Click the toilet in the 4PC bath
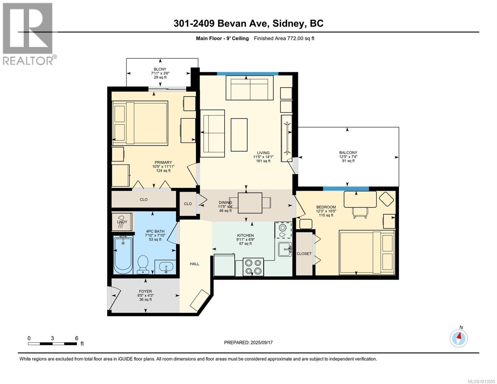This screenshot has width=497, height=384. [143, 264]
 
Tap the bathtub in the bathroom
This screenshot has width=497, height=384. [123, 255]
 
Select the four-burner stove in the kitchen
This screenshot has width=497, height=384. [253, 267]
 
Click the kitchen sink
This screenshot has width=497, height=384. [285, 250]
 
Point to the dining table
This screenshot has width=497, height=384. [250, 203]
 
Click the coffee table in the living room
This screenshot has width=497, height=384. [239, 135]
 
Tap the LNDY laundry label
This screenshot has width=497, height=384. [122, 222]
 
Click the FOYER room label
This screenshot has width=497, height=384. [145, 291]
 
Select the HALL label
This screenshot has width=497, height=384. [194, 264]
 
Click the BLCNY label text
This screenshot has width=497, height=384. [160, 69]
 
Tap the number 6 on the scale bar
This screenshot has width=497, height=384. [76, 338]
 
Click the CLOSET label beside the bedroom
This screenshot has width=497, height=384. [304, 254]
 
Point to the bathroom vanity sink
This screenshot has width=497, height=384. [165, 267]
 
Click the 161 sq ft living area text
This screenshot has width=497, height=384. [263, 161]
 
